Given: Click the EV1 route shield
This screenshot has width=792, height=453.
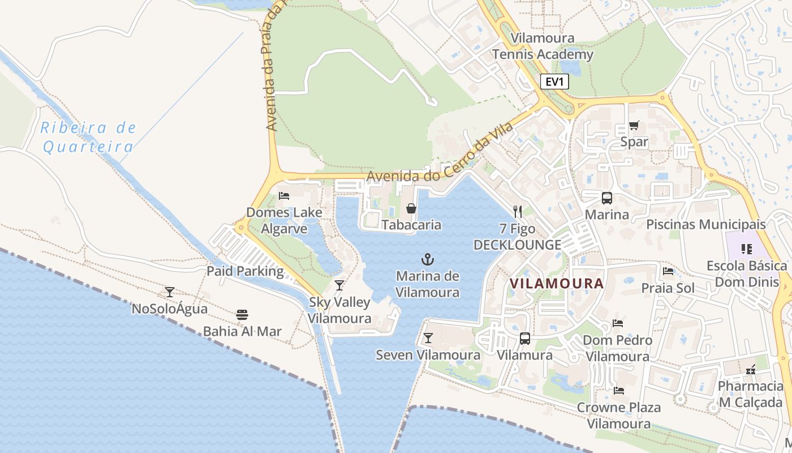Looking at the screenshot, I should [x=554, y=82].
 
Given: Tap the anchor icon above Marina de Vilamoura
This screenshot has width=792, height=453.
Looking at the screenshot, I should [x=428, y=260].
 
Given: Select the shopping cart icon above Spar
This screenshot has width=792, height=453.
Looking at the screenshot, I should [x=634, y=125].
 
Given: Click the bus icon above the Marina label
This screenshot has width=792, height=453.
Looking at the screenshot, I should [x=606, y=198].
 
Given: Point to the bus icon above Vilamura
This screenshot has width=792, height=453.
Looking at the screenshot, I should [x=525, y=339].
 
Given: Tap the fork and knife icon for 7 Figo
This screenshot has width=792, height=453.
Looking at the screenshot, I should [x=518, y=212].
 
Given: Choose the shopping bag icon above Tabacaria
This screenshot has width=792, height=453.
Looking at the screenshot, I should [x=411, y=208].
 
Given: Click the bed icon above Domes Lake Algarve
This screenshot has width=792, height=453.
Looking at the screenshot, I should [x=284, y=196].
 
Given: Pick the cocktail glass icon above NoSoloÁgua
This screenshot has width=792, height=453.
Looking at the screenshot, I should [x=169, y=292].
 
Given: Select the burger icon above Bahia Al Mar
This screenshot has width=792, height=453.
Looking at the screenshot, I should [x=242, y=314].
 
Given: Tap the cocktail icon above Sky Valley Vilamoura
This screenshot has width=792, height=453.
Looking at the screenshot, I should [x=339, y=285].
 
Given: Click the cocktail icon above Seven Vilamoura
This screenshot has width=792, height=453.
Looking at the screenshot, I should [x=428, y=338].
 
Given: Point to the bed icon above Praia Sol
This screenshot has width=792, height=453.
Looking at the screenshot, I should [x=668, y=271].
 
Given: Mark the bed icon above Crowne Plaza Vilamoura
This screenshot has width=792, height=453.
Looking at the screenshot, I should [x=618, y=390].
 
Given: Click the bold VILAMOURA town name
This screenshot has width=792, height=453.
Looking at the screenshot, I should [x=557, y=283].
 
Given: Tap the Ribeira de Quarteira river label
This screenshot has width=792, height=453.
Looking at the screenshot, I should [x=88, y=137].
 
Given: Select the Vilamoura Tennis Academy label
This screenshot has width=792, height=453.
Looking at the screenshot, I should [x=543, y=46].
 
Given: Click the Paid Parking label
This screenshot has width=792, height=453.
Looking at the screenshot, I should [x=245, y=271].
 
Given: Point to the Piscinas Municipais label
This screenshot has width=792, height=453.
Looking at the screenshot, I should [x=705, y=224].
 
